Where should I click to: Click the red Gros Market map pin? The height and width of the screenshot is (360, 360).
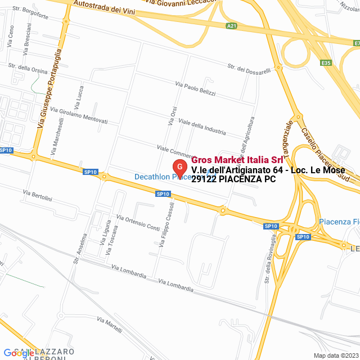tap(179, 168)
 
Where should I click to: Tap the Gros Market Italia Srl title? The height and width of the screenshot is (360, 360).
tap(237, 159)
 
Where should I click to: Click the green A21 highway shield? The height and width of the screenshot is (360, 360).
tap(232, 26)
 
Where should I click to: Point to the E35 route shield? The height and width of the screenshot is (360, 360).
tap(326, 63)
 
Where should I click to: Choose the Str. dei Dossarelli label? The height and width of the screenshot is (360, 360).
tap(249, 69)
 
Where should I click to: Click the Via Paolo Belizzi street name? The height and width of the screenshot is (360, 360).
tap(195, 89)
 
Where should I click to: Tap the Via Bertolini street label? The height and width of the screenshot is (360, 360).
tap(37, 196)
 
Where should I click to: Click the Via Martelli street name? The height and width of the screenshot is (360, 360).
tap(109, 325)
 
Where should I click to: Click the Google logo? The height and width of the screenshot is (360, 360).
tap(19, 353)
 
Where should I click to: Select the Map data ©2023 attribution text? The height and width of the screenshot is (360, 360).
tap(335, 355)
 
